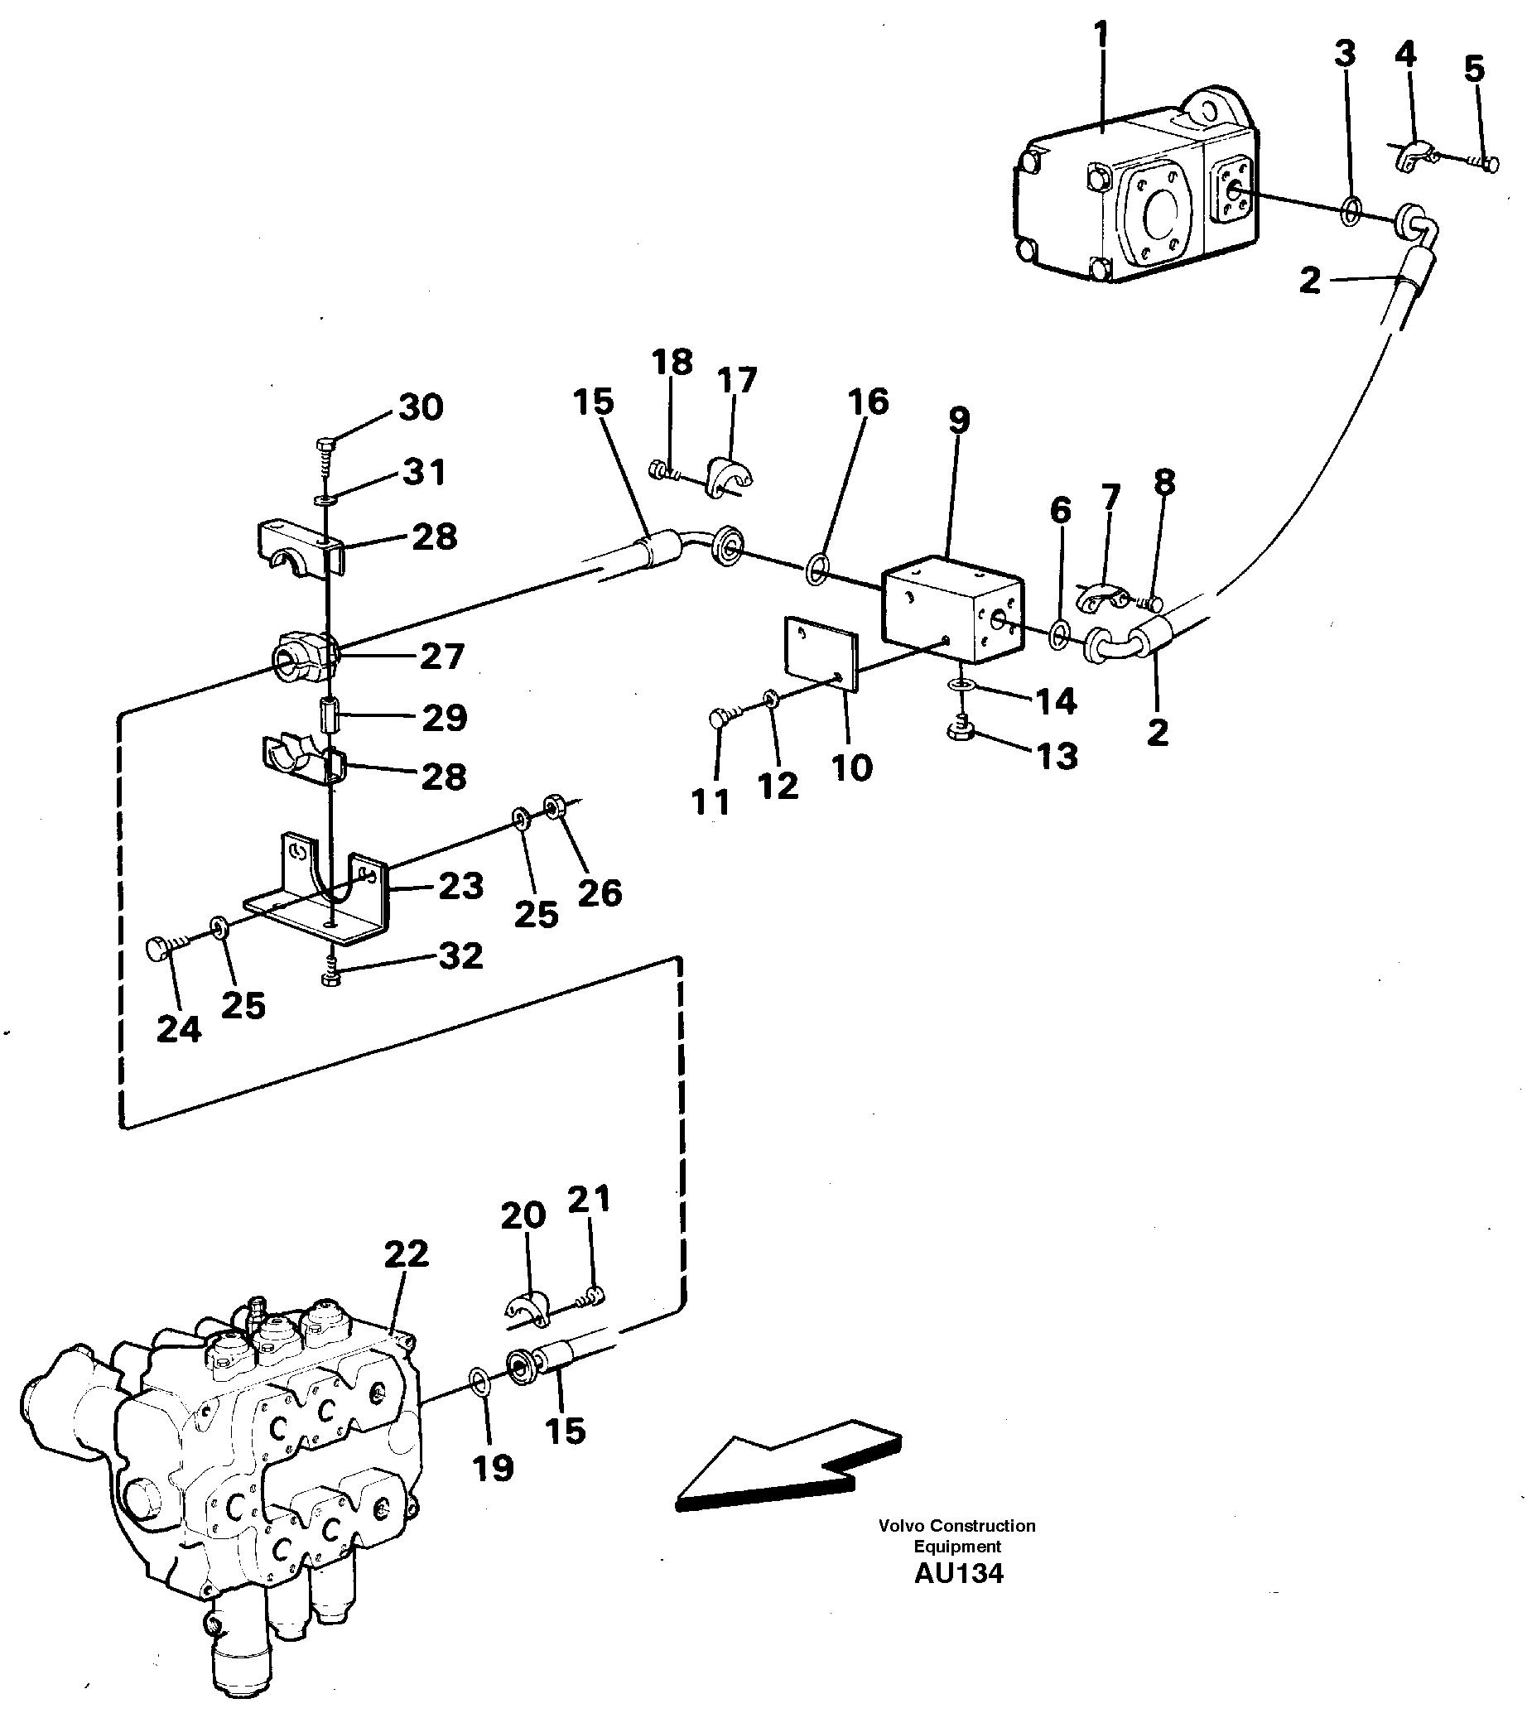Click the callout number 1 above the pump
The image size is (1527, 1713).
(1101, 37)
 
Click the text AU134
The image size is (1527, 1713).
(958, 1574)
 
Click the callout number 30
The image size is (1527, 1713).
(421, 407)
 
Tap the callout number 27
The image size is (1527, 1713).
(441, 656)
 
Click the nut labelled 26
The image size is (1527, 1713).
(554, 807)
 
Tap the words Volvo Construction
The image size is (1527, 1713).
(956, 1525)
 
